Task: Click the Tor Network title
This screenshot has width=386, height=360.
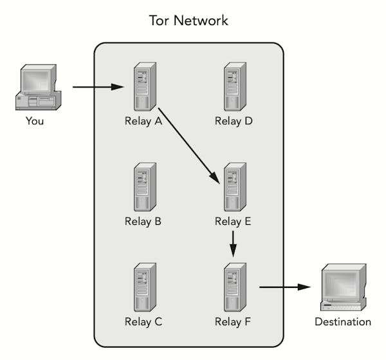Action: click(x=188, y=21)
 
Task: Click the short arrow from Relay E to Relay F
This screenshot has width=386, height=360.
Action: click(x=233, y=243)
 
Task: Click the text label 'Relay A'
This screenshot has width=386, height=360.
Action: click(x=143, y=121)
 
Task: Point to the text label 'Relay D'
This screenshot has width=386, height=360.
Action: click(x=233, y=121)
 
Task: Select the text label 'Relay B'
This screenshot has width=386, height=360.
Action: click(x=143, y=222)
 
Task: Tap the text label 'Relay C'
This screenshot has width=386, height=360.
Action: click(x=143, y=322)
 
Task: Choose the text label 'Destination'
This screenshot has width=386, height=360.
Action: click(x=342, y=322)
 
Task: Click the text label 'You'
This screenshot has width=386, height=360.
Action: click(x=35, y=120)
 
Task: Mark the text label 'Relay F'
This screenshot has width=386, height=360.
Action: click(x=233, y=322)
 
